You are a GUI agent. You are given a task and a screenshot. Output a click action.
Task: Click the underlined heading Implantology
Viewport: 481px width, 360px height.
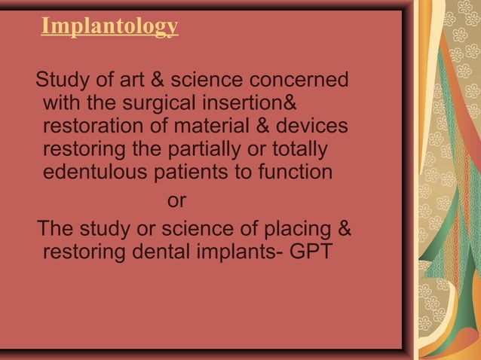point(109,26)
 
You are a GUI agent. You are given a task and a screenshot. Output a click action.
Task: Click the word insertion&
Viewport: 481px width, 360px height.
point(253,102)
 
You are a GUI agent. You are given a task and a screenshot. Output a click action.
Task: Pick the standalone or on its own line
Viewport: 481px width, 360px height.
point(176,202)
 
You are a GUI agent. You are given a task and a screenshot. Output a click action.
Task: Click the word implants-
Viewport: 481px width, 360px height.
point(240,251)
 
